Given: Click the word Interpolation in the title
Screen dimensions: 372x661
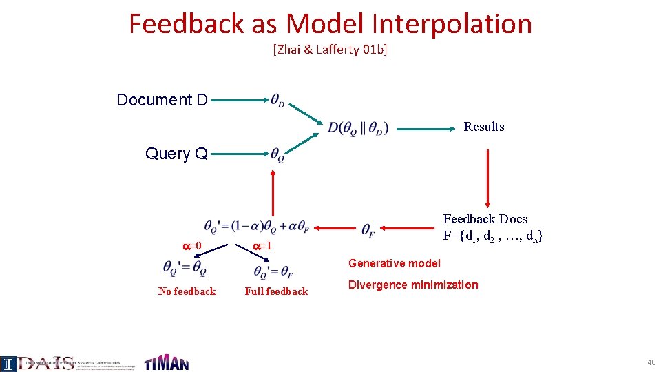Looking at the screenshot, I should coord(451,24).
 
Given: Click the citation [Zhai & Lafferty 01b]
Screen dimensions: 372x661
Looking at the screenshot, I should coord(330,50).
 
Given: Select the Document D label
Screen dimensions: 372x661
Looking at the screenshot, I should coord(162,100).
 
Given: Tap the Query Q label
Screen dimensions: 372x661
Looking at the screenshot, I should coord(176,154).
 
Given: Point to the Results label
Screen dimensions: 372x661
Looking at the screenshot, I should coord(483,127).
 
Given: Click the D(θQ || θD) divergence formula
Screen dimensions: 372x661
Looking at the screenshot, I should coord(358,127).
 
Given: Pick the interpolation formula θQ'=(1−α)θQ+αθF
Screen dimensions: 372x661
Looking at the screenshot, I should coord(255,227).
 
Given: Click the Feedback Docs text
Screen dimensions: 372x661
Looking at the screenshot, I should coord(485,219).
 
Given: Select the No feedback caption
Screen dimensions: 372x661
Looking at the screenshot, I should coord(187,291).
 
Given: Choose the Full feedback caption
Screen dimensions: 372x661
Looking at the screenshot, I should coord(276,291).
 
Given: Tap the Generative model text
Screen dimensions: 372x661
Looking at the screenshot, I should coord(394,263).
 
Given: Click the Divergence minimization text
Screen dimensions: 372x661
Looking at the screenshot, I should coord(412,285).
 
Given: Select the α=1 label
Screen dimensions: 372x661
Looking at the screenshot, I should coord(262,246).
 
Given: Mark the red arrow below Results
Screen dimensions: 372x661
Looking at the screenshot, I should coord(487,178).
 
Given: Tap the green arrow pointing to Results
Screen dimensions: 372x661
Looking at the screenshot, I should coord(427,127).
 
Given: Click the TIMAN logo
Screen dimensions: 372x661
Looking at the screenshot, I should coord(166,362).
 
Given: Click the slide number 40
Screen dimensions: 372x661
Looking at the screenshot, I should coord(651,362).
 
